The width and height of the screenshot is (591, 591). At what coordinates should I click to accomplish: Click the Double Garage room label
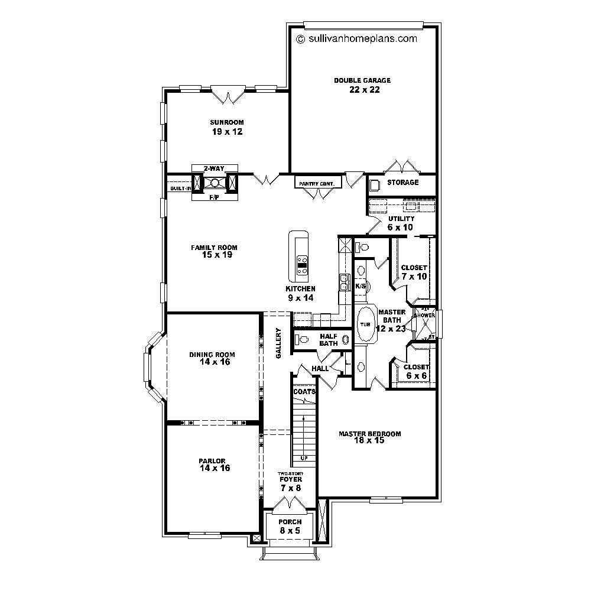(362, 80)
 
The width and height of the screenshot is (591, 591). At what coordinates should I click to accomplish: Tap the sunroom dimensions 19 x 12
(228, 132)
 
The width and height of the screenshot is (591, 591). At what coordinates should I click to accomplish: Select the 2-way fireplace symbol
(215, 183)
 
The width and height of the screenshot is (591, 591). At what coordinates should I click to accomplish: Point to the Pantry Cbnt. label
(317, 184)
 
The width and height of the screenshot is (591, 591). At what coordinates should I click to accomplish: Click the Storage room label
(402, 183)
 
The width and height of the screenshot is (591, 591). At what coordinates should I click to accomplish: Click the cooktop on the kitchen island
(301, 265)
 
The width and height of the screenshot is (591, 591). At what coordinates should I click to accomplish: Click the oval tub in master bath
(365, 324)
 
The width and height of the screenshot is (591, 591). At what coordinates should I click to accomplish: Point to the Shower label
(424, 316)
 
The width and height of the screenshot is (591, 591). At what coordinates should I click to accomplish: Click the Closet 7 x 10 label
(414, 272)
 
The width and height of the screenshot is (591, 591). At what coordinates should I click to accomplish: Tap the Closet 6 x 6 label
(417, 371)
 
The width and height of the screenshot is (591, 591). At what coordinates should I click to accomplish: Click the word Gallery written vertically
(278, 343)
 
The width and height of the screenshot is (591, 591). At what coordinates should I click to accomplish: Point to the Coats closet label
(304, 391)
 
